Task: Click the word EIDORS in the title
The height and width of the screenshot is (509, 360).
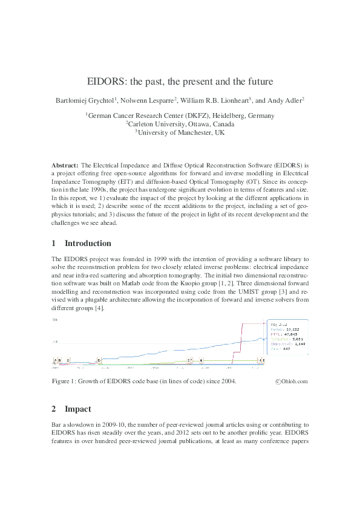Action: pos(105,81)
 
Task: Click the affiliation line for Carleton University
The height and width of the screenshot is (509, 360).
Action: pos(180,124)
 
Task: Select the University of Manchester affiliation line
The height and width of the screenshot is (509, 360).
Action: pos(180,132)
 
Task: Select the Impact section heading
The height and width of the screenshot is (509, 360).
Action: pos(78,409)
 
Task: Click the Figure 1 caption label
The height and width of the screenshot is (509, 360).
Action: pos(67,381)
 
